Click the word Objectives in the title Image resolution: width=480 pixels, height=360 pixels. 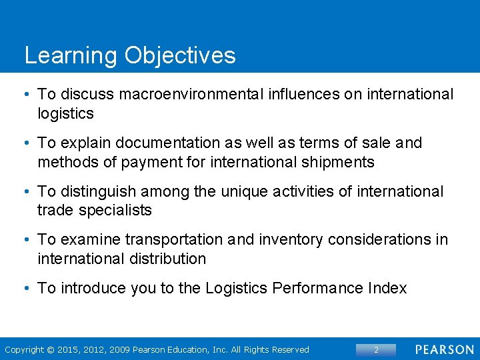pyautogui.click(x=179, y=55)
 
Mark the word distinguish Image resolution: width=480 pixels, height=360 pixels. pyautogui.click(x=99, y=192)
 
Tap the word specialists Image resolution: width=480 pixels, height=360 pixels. pyautogui.click(x=115, y=211)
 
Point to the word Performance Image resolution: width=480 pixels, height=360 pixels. pyautogui.click(x=317, y=288)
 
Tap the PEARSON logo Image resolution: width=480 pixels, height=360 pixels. pyautogui.click(x=445, y=349)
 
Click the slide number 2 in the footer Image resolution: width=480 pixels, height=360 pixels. pyautogui.click(x=376, y=349)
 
